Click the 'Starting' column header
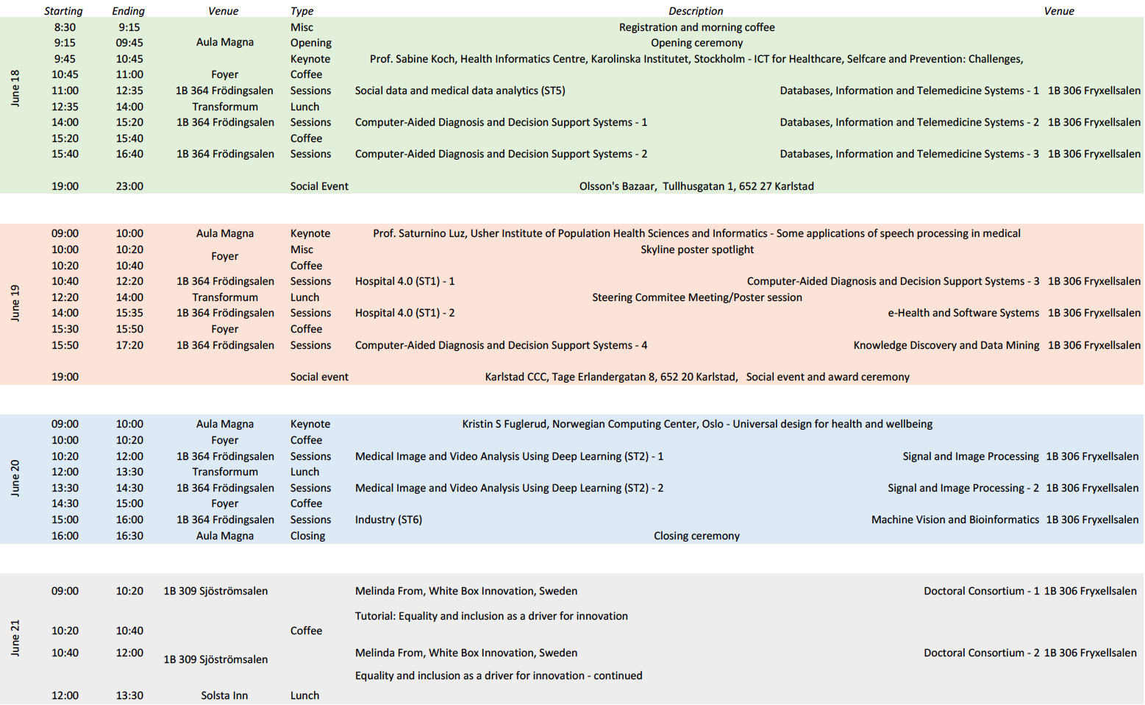pos(63,11)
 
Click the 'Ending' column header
pos(128,11)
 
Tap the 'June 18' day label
pos(15,89)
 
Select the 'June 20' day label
pos(15,478)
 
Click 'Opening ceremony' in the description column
pos(696,43)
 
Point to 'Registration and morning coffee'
pos(696,27)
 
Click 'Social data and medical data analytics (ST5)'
pos(460,91)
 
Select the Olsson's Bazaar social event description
pos(696,186)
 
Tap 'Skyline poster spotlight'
pos(696,249)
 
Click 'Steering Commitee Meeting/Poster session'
pos(696,297)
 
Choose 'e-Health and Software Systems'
pos(963,313)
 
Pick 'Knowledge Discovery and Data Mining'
pos(946,345)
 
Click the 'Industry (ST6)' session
pos(388,520)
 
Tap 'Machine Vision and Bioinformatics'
pos(955,520)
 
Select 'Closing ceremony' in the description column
pos(696,536)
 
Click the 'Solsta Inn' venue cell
pos(224,695)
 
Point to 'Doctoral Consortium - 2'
pos(981,653)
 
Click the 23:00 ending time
pos(129,186)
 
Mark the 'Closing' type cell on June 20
pos(307,536)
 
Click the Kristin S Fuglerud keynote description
pos(696,424)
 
